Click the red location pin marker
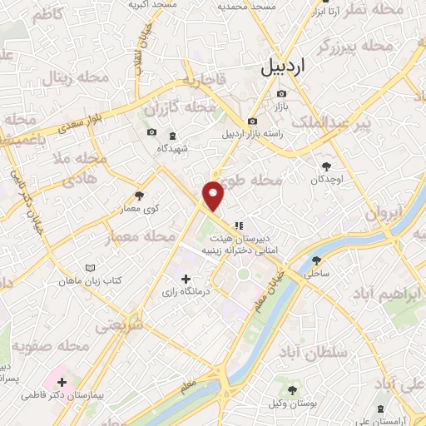pyautogui.click(x=215, y=195)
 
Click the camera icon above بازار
pyautogui.click(x=281, y=93)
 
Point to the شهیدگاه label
pyautogui.click(x=172, y=147)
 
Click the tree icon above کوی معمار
pyautogui.click(x=139, y=196)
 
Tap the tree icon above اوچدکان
pyautogui.click(x=325, y=166)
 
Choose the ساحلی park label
pyautogui.click(x=318, y=272)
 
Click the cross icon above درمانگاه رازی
pyautogui.click(x=186, y=278)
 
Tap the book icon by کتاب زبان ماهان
pyautogui.click(x=91, y=268)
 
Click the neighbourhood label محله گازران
pyautogui.click(x=174, y=109)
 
